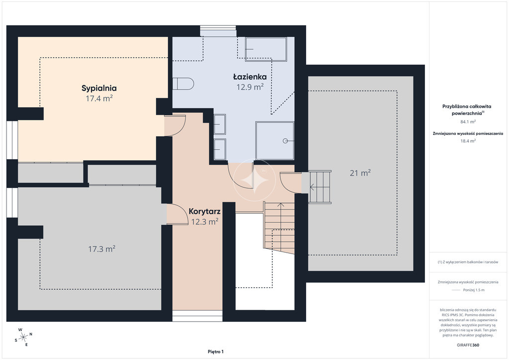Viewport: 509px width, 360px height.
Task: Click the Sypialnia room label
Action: [x=99, y=89]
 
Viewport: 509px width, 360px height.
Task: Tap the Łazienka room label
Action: [x=250, y=77]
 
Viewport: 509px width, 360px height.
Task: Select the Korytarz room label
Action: [x=204, y=212]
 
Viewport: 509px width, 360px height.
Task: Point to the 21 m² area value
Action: [x=360, y=173]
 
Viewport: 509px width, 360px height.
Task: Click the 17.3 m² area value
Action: [x=102, y=249]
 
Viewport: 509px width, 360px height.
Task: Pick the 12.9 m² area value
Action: [x=250, y=87]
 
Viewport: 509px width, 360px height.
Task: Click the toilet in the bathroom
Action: [x=183, y=84]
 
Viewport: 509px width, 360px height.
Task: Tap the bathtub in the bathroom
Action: [x=266, y=49]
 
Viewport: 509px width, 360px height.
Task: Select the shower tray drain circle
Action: [x=285, y=141]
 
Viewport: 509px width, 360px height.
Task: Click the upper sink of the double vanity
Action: [x=220, y=124]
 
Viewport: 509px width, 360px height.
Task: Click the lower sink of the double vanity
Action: [x=220, y=149]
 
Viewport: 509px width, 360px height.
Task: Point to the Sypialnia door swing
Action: [x=175, y=126]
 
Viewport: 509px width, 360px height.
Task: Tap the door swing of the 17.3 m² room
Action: [x=177, y=214]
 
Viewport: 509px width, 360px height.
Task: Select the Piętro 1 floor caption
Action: [x=216, y=352]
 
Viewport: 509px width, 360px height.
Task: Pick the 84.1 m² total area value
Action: [x=468, y=122]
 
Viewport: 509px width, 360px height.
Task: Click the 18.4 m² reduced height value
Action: [x=468, y=141]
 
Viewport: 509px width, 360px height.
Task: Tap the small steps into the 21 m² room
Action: [x=320, y=187]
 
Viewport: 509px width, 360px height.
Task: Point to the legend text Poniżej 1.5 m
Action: [x=474, y=290]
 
